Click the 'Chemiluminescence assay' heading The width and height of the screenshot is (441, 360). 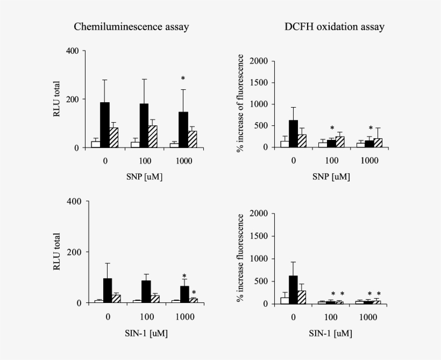click(131, 26)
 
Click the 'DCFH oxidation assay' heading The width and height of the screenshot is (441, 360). click(335, 26)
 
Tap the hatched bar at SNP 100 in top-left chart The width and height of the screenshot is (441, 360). click(152, 137)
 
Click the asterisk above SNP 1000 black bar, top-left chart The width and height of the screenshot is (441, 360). click(183, 79)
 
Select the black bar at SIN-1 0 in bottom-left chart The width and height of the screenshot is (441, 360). click(108, 291)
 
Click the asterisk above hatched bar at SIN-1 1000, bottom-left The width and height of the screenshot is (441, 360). click(194, 293)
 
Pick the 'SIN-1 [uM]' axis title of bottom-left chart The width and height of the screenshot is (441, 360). click(146, 334)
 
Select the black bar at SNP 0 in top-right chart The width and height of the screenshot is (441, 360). click(293, 133)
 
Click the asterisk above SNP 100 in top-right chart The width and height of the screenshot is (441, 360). click(332, 129)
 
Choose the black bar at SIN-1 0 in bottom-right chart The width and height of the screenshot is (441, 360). click(293, 290)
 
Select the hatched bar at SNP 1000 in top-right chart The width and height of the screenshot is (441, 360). click(378, 143)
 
